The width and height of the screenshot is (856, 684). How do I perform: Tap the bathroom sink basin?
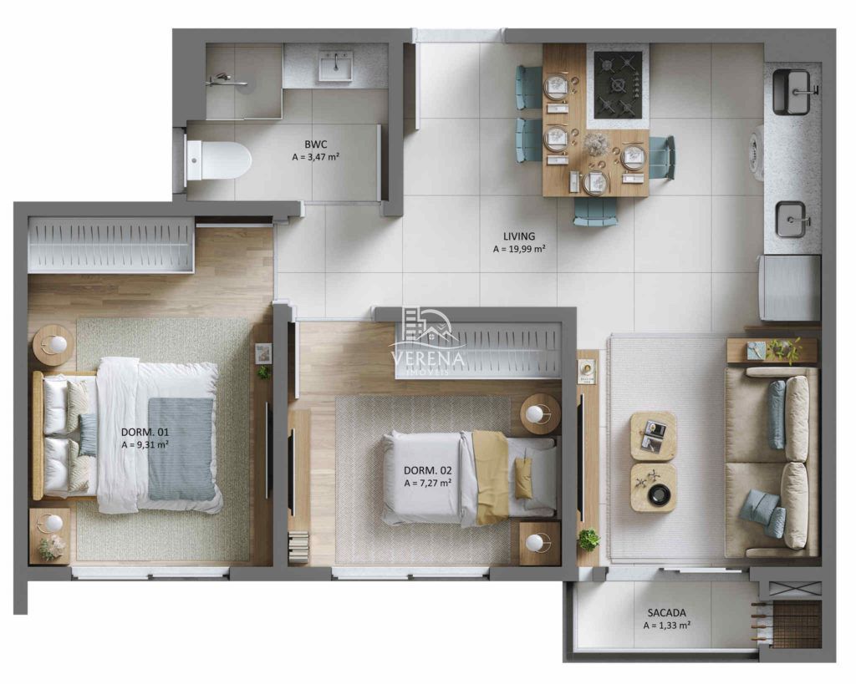[x=334, y=66]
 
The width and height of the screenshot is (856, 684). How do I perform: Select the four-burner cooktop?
[x=618, y=84]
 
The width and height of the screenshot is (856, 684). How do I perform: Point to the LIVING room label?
[x=519, y=236]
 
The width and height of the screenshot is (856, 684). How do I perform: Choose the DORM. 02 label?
[x=427, y=470]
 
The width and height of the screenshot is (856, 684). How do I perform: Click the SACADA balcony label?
[x=666, y=612]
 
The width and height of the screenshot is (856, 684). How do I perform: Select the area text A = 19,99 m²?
[x=519, y=249]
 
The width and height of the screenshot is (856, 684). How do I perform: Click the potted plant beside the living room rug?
[x=588, y=539]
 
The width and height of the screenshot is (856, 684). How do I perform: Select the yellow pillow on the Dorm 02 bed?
[x=523, y=478]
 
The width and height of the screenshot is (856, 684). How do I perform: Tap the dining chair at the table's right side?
[x=661, y=157]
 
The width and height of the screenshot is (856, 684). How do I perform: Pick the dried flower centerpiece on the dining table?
[x=597, y=144]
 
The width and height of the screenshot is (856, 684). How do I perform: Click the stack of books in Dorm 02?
[x=298, y=547]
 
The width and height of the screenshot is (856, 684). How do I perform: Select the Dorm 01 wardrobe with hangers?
[x=111, y=245]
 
